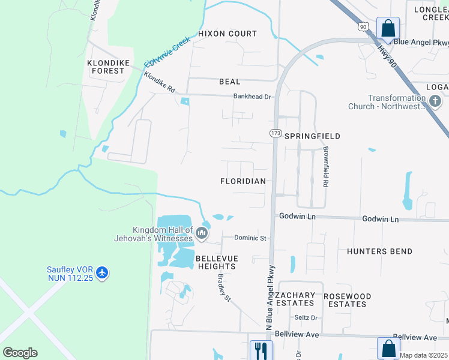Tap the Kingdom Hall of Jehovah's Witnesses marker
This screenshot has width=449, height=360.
tap(202, 233)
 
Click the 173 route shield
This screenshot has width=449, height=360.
tap(276, 133)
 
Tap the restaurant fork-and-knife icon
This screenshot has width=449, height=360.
tap(261, 349)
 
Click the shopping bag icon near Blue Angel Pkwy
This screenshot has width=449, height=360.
tap(388, 28)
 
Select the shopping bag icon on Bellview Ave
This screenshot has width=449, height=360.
tap(388, 348)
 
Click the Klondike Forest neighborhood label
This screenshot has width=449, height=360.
tap(106, 67)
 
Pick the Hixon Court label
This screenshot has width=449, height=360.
tap(228, 34)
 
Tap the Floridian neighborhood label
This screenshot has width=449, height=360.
tap(243, 181)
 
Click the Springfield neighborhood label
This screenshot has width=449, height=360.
tap(312, 136)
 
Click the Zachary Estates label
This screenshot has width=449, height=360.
tap(295, 299)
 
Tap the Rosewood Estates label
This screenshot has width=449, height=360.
tap(348, 300)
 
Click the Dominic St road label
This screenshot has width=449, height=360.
tap(250, 238)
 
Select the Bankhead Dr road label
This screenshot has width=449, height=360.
tap(253, 96)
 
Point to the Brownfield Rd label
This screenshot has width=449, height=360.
tap(326, 166)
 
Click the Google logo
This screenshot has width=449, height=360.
tap(20, 353)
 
